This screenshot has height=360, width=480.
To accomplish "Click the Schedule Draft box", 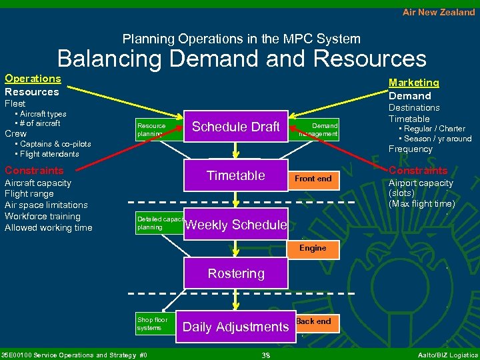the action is (236, 127).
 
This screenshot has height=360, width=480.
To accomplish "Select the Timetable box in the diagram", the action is (236, 175).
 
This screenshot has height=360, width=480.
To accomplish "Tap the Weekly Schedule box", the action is (236, 225).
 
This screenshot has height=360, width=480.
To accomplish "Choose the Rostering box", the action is (236, 273).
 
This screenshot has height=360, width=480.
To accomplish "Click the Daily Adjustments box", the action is (235, 327).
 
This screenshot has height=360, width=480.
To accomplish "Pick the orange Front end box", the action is (313, 179).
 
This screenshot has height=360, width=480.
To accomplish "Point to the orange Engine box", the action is (313, 248).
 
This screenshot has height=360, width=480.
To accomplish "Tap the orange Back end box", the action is (313, 321).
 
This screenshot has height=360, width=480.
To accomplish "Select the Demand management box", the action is (319, 129).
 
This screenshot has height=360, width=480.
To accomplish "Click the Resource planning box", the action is (151, 129).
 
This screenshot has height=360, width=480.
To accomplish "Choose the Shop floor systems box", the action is (153, 323).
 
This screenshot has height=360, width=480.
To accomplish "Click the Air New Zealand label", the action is (439, 12).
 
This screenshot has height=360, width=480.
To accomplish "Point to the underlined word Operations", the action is (33, 79).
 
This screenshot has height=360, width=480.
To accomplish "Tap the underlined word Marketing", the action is (414, 83).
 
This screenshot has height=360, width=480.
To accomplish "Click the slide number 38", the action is (265, 355).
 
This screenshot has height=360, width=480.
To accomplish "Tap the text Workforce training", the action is (42, 216).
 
